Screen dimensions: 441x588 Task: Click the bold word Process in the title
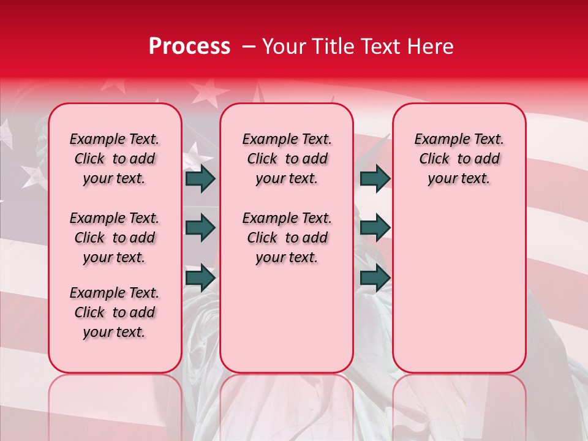click(x=189, y=47)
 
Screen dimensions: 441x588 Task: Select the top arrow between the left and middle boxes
click(x=200, y=178)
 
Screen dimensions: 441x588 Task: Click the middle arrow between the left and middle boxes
click(x=200, y=228)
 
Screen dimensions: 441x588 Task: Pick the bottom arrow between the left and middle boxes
click(x=200, y=277)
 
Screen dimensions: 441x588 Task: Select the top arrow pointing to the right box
click(x=375, y=178)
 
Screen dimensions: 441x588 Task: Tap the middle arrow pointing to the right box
click(x=375, y=228)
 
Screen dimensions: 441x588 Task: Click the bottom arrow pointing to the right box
click(x=375, y=277)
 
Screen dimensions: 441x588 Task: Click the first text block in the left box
click(x=115, y=159)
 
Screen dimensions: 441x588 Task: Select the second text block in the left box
click(x=115, y=238)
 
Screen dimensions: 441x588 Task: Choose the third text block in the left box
click(x=115, y=312)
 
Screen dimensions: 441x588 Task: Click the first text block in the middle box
click(x=287, y=159)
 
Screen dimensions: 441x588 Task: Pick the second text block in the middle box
click(x=287, y=238)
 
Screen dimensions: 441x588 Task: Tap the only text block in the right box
click(x=459, y=159)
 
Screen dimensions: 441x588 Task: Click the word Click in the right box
click(x=434, y=159)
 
